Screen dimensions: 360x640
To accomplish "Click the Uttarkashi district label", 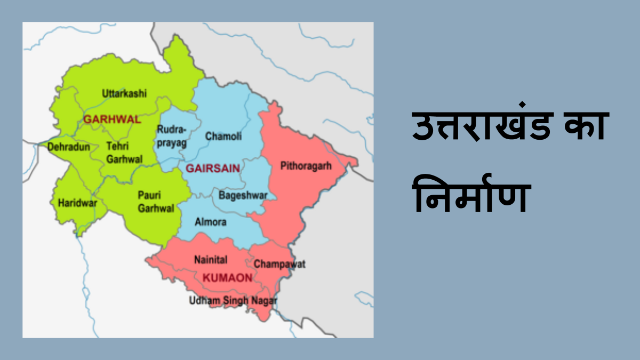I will (124, 94).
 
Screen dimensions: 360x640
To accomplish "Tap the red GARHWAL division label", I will (112, 119).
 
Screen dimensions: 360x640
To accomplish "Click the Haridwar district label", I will (73, 203).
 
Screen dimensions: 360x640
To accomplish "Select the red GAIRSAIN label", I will (212, 169).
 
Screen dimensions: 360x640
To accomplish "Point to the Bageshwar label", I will (243, 195).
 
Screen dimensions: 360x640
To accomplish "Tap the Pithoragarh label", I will (306, 166).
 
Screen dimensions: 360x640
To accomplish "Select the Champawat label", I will (279, 264).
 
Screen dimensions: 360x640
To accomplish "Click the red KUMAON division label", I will (227, 278).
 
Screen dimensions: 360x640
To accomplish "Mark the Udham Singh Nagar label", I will (233, 301).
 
